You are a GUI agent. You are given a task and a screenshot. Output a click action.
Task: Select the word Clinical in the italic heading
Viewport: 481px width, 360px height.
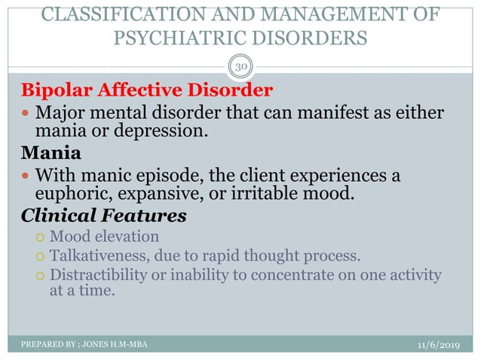point(63,216)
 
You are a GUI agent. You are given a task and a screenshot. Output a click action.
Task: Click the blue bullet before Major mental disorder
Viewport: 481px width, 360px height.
point(26,114)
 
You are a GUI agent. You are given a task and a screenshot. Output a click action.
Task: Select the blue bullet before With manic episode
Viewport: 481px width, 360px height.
point(26,176)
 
